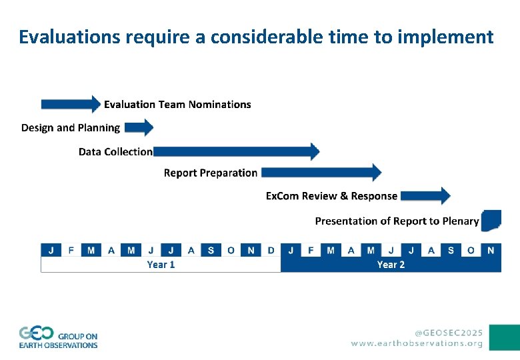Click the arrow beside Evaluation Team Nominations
[x=71, y=104]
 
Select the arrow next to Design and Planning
[x=139, y=127]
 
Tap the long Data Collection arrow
[x=236, y=151]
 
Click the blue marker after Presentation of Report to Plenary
[x=491, y=220]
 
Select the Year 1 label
[x=161, y=265]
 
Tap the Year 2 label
[x=391, y=265]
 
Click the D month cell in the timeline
[x=271, y=250]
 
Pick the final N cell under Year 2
[x=491, y=250]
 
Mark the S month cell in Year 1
[x=211, y=250]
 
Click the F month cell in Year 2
[x=311, y=250]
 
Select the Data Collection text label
[x=115, y=152]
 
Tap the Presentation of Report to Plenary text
[x=397, y=221]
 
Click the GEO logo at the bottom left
[x=58, y=337]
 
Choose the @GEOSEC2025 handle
[x=449, y=332]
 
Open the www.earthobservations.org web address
[x=417, y=343]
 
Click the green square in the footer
[x=504, y=337]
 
